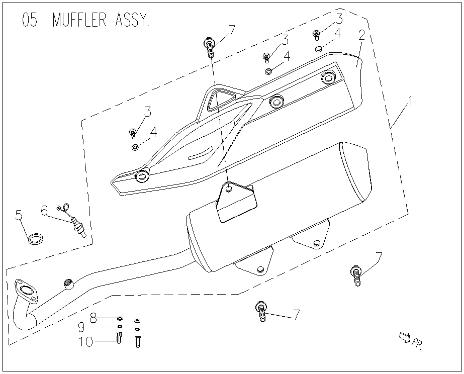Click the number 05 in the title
[x=29, y=22]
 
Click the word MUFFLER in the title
[x=78, y=22]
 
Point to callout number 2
[x=361, y=36]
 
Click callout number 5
[x=19, y=217]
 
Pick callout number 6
[x=45, y=211]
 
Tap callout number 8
[x=94, y=317]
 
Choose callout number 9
[x=81, y=328]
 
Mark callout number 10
[x=86, y=342]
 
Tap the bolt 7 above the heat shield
[x=210, y=48]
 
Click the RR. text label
[x=417, y=344]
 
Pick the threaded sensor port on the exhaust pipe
[x=68, y=285]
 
